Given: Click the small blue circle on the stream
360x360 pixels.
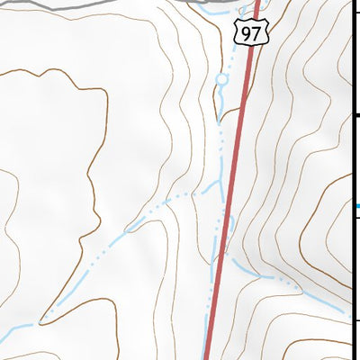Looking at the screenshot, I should coord(221,81).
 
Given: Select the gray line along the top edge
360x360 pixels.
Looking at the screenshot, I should coord(90,4).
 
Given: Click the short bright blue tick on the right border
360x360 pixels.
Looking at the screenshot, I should coord(357,207).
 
